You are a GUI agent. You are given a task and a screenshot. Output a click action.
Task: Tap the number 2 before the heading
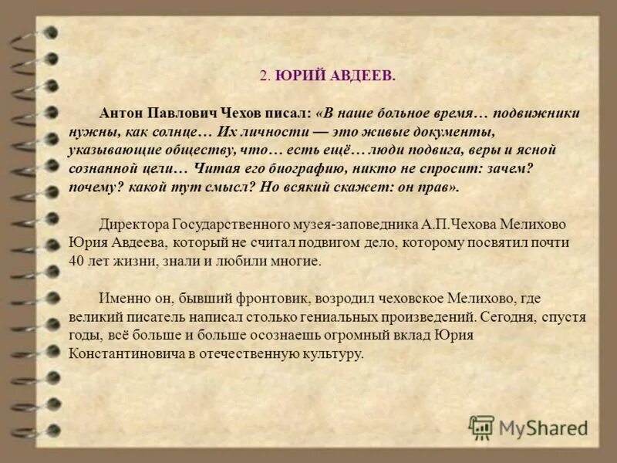click(x=263, y=76)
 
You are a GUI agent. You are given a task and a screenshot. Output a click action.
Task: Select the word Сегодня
click(x=505, y=316)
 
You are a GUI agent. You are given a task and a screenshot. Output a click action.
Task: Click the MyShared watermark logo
click(x=528, y=428)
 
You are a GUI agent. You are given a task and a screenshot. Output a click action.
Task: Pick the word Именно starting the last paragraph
click(x=122, y=298)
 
